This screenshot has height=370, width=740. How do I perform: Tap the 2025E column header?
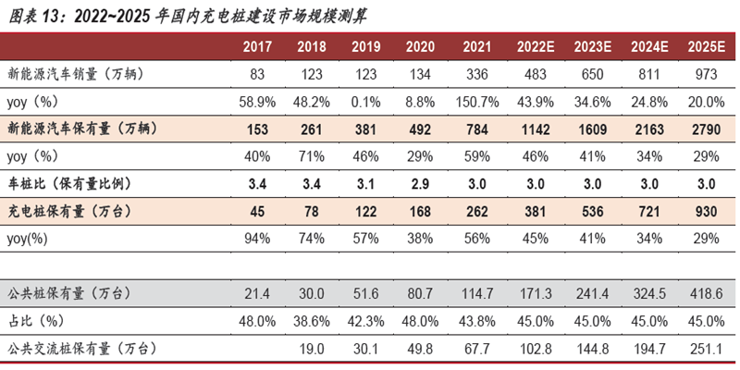tap(706, 46)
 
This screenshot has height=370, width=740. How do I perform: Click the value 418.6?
tap(706, 293)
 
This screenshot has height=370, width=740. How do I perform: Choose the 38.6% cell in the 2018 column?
tap(311, 321)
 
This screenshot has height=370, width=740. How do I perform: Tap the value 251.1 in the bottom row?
tap(706, 349)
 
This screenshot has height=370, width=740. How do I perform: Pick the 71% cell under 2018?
tap(311, 155)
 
